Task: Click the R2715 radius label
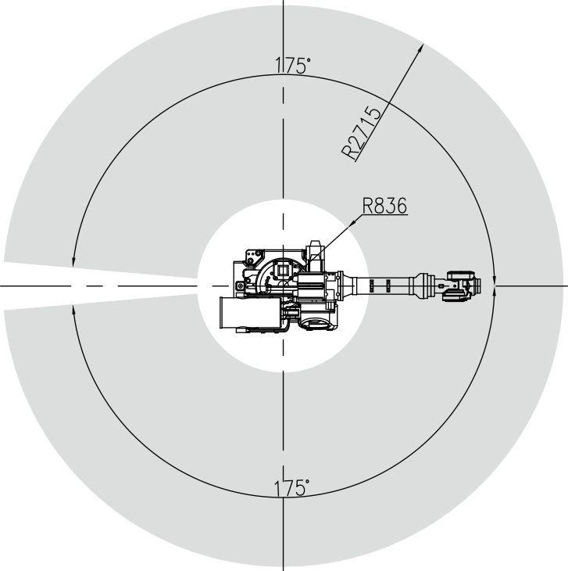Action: click(363, 132)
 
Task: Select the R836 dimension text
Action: click(384, 206)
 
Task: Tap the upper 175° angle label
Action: click(293, 66)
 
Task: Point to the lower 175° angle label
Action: click(291, 487)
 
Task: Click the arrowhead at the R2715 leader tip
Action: click(421, 47)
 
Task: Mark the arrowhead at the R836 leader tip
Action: click(352, 222)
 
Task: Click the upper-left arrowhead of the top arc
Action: click(73, 263)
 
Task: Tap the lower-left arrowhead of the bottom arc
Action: click(73, 310)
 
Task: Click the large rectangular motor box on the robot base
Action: click(251, 312)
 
